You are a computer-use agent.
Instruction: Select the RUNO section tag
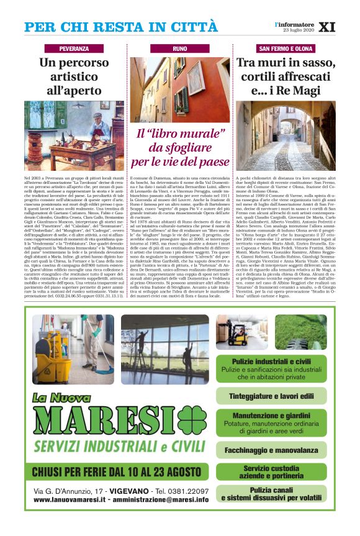pyautogui.click(x=179, y=48)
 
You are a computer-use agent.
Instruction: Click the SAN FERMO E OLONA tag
pyautogui.click(x=286, y=48)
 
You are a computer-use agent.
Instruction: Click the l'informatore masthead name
pyautogui.click(x=295, y=24)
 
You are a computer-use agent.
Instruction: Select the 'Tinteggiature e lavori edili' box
pyautogui.click(x=281, y=395)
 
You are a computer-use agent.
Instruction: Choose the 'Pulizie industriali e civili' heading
pyautogui.click(x=281, y=361)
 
